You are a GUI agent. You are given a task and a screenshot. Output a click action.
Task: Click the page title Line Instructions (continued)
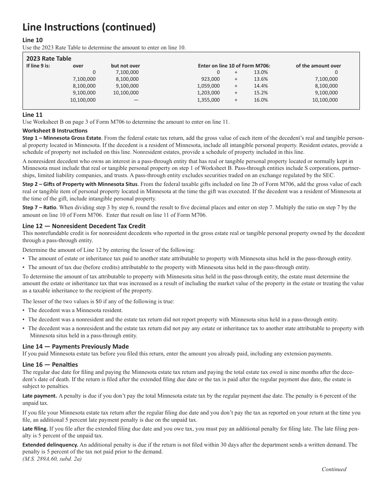click(x=89, y=27)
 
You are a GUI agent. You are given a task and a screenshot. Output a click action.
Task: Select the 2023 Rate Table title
click(x=49, y=58)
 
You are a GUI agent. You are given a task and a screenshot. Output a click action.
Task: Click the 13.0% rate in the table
click(x=261, y=72)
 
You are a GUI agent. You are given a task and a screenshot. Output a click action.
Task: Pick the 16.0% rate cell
click(x=261, y=100)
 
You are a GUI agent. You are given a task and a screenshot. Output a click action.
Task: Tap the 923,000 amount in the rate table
click(x=210, y=79)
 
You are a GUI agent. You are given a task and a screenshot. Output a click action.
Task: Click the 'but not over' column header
click(x=125, y=65)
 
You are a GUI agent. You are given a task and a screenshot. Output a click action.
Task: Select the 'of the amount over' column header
click(x=318, y=65)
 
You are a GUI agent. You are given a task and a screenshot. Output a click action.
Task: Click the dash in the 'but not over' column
click(x=136, y=100)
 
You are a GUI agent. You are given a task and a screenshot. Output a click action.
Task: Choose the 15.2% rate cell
click(x=261, y=93)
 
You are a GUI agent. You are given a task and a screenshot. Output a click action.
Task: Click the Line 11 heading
click(x=33, y=114)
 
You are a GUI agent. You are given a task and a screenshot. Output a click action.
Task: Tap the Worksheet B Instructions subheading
click(x=55, y=131)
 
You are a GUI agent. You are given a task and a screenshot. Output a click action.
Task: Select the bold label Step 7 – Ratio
click(x=40, y=208)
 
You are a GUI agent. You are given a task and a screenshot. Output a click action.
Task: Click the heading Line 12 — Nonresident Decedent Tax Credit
click(x=84, y=226)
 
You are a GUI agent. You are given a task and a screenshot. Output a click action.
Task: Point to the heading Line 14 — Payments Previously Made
click(x=76, y=346)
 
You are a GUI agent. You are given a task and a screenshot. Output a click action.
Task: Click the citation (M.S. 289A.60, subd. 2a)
click(x=52, y=459)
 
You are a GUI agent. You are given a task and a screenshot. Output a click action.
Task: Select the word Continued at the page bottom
click(x=334, y=469)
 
